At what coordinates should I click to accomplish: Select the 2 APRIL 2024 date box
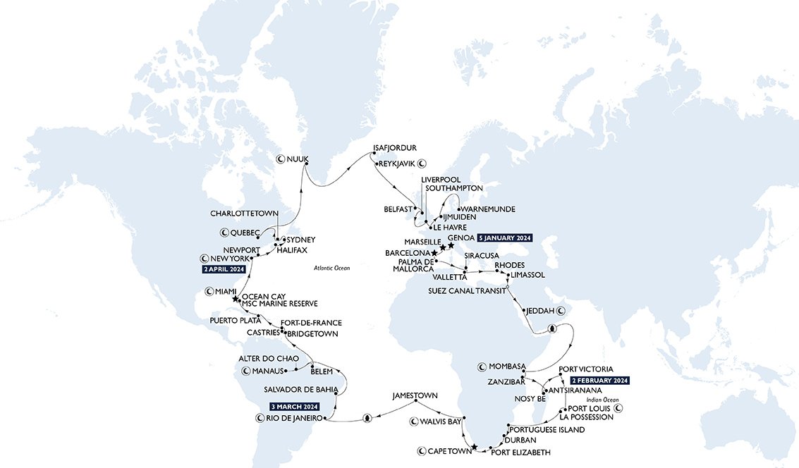(223, 269)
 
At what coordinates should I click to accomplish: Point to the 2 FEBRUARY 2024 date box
(600, 380)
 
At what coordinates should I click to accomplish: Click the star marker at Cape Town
(475, 447)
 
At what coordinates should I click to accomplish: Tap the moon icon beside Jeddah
(561, 310)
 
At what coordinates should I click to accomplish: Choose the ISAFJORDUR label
(395, 148)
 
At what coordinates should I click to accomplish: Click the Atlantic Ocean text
(331, 268)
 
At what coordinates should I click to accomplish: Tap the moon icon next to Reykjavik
(422, 164)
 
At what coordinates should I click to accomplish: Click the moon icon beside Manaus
(246, 371)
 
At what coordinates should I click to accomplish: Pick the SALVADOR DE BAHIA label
(301, 389)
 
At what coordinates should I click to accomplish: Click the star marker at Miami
(235, 299)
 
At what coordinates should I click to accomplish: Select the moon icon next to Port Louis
(618, 408)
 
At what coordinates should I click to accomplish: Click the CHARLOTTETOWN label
(245, 213)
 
